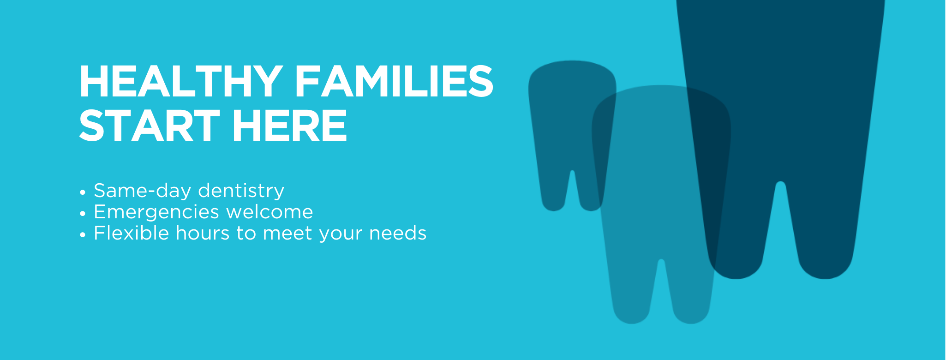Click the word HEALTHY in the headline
coord(180,82)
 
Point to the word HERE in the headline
coord(289,126)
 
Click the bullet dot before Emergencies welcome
coord(83,213)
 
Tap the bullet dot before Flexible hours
coord(83,234)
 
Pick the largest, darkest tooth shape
coord(780,115)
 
